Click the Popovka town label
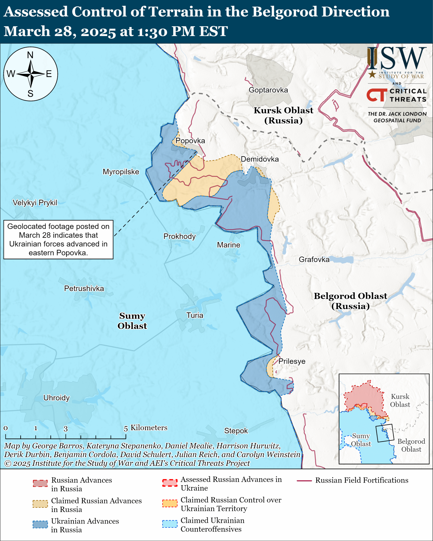[x=190, y=141]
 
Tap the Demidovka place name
[x=260, y=159]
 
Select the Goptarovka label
[x=268, y=90]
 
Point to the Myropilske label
[x=121, y=172]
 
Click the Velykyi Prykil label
[x=35, y=203]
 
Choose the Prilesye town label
[x=292, y=361]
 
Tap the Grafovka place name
[x=314, y=260]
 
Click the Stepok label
[x=236, y=431]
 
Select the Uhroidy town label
[x=57, y=398]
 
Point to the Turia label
[x=195, y=315]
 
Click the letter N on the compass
[x=30, y=55]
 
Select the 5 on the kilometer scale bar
[x=126, y=429]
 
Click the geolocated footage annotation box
[x=58, y=240]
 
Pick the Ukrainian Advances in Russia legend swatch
[x=40, y=524]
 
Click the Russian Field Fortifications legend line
[x=304, y=481]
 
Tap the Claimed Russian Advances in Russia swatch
[x=40, y=504]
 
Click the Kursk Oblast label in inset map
[x=400, y=401]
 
